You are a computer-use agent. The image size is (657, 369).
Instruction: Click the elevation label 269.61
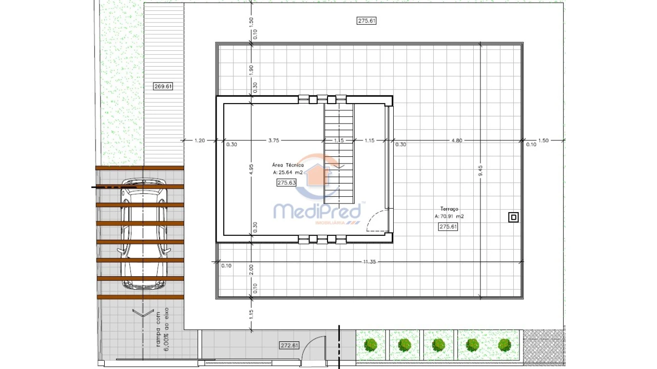coord(163,87)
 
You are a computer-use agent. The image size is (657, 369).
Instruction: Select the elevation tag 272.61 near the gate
coord(289,345)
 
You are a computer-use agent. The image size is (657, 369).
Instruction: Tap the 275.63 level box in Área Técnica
coord(286,182)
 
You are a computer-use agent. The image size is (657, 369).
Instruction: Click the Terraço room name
coord(449,209)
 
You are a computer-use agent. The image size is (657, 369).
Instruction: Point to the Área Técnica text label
coord(288,165)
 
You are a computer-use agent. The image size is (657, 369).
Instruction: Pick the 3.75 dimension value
coord(274,140)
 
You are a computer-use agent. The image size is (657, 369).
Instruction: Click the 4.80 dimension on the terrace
coord(456,140)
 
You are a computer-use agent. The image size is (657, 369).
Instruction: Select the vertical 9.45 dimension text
coord(480,171)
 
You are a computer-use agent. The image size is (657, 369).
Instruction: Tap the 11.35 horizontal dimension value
coord(370,262)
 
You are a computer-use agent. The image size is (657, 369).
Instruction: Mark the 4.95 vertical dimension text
coord(251,170)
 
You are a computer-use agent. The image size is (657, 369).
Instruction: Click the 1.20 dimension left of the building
coord(199,140)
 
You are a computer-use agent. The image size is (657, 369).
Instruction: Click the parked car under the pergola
coord(144,233)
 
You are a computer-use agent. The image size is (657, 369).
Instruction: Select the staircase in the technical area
coord(339,154)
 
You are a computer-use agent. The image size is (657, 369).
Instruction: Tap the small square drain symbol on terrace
coord(513,217)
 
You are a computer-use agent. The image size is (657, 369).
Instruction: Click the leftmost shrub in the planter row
coord(371,344)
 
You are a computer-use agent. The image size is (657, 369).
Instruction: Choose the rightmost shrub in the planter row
coord(505,344)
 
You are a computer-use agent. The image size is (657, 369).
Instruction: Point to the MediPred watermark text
coord(317,211)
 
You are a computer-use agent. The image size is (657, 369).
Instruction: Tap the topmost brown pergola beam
coord(140,168)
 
